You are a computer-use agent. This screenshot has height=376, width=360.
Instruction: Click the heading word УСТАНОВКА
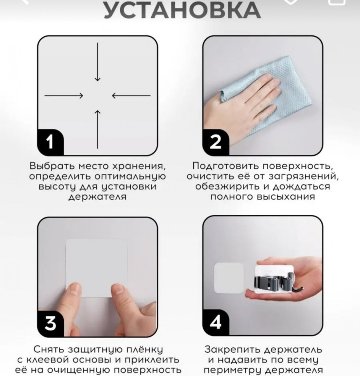182,10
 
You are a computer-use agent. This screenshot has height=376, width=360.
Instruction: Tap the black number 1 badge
50,142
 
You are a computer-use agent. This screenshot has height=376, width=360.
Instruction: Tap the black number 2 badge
216,142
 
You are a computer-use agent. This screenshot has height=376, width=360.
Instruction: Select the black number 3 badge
50,323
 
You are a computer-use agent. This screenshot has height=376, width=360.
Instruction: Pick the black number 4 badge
216,322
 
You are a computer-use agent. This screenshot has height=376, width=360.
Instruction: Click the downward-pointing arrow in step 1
97,62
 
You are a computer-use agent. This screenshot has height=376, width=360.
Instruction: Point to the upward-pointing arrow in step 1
97,129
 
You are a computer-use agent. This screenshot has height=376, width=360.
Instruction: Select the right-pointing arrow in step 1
64,96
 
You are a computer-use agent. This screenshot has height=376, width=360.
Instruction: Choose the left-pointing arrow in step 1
131,96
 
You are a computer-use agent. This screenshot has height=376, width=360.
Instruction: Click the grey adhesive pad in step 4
229,278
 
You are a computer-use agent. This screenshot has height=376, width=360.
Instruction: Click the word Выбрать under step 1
51,166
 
